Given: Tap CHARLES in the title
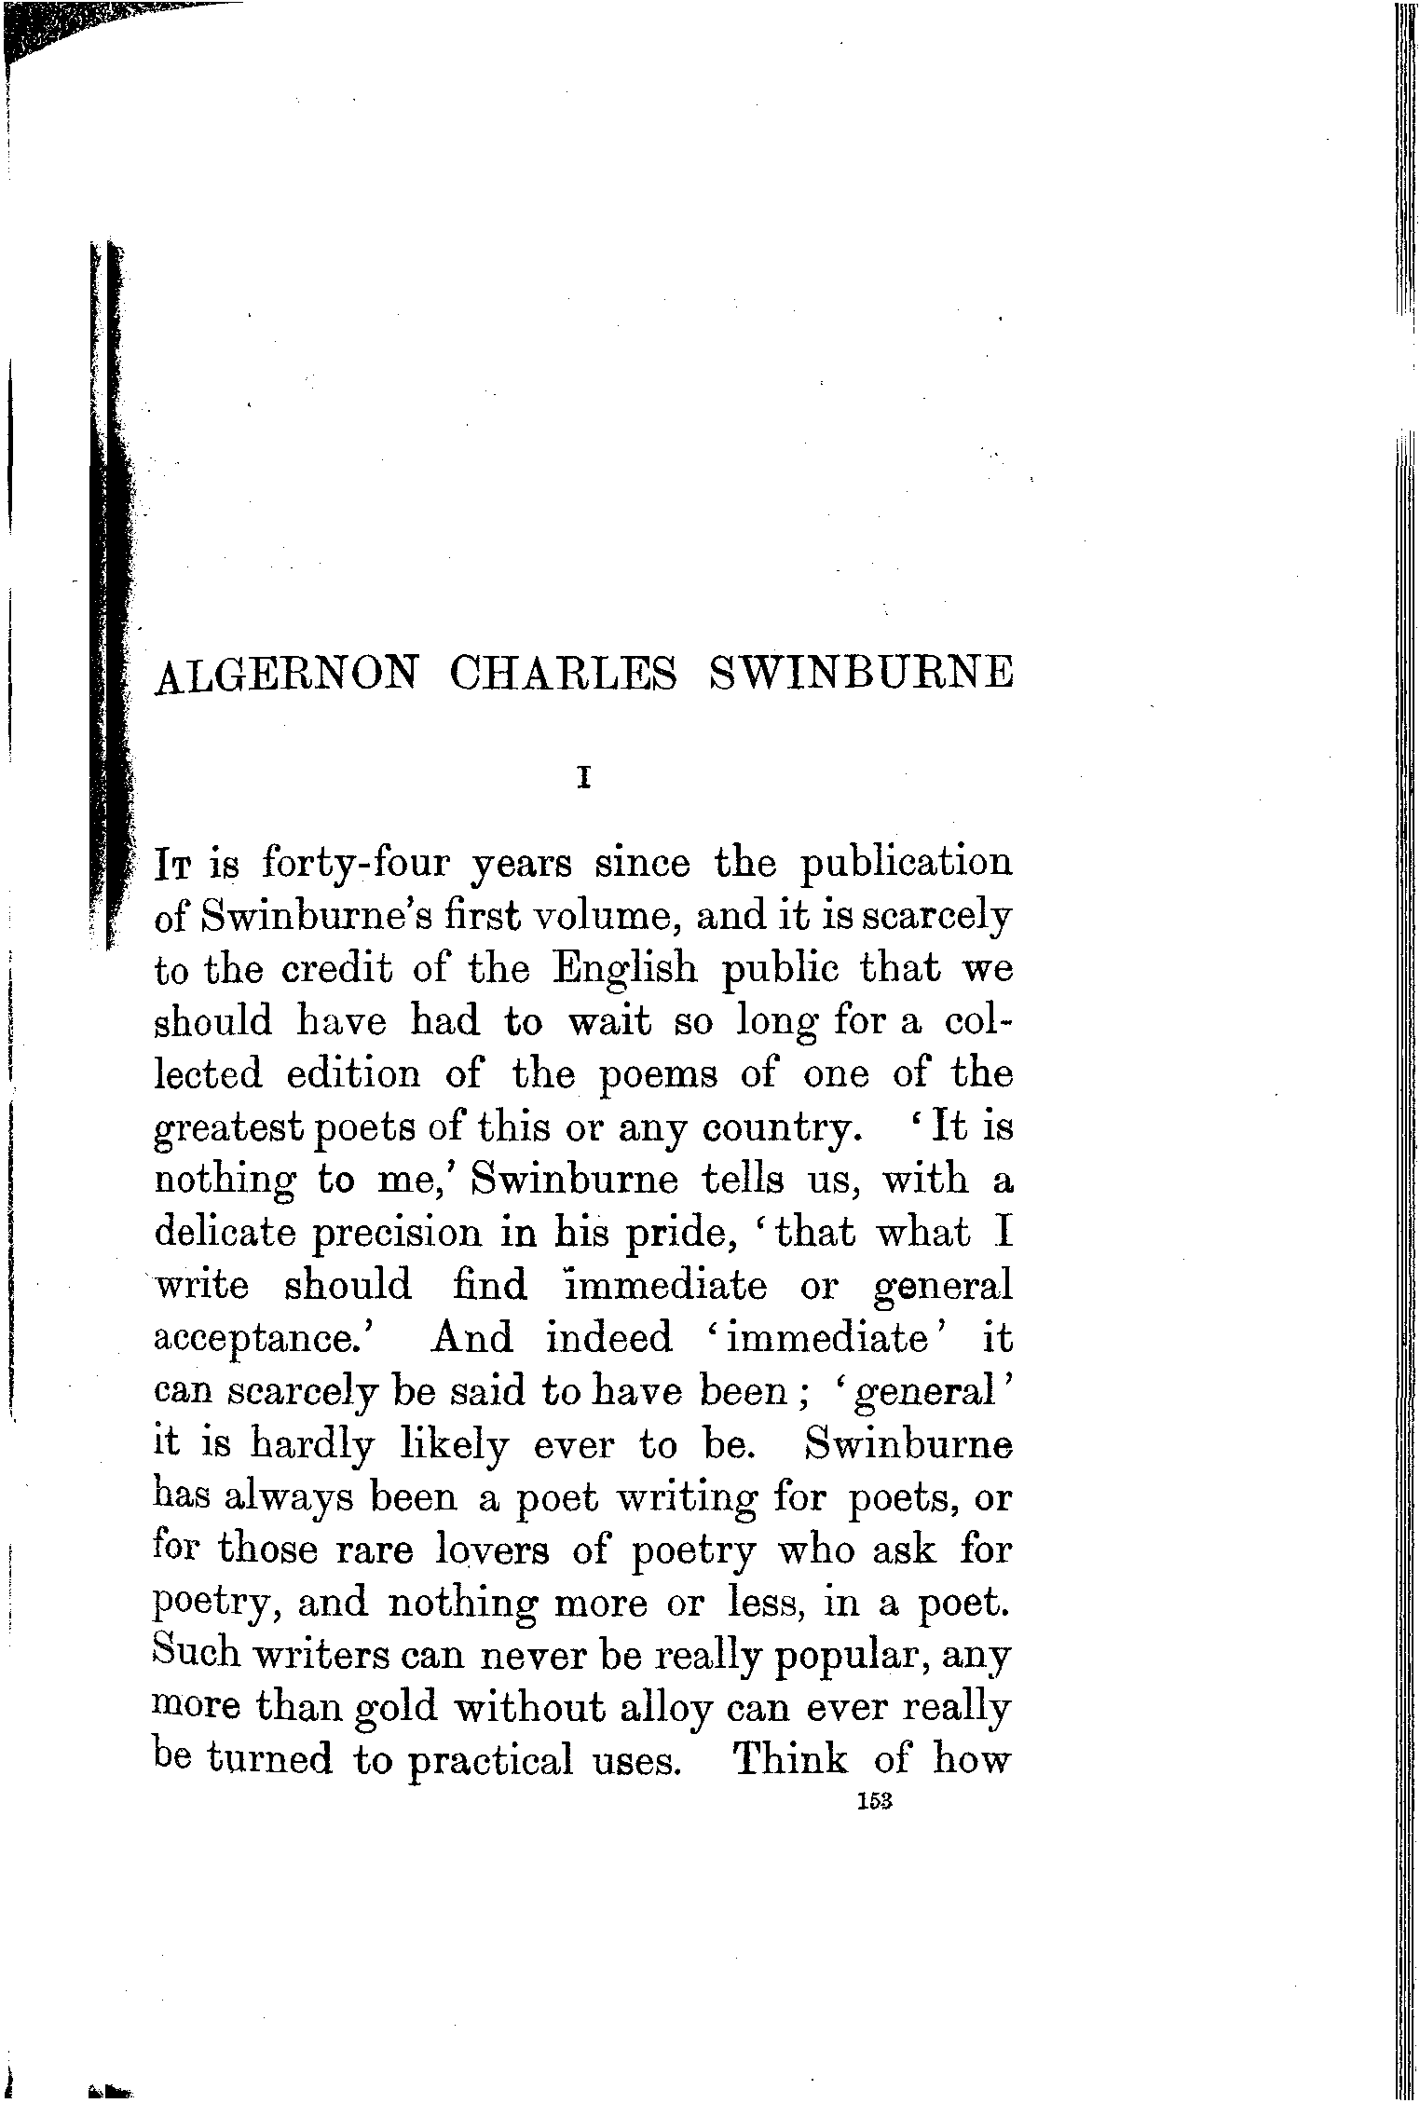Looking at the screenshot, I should pyautogui.click(x=563, y=675).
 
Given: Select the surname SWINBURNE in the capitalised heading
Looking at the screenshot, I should pyautogui.click(x=859, y=675).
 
